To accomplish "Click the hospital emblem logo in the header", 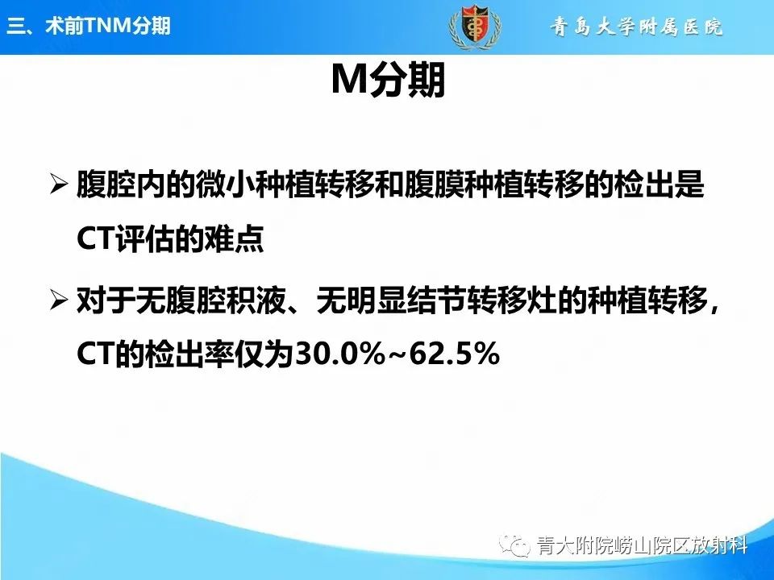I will click(x=472, y=27).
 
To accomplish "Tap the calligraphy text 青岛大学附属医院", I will click(x=637, y=27).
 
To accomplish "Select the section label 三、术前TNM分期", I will click(x=89, y=27).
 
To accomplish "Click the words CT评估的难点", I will click(x=170, y=241).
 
